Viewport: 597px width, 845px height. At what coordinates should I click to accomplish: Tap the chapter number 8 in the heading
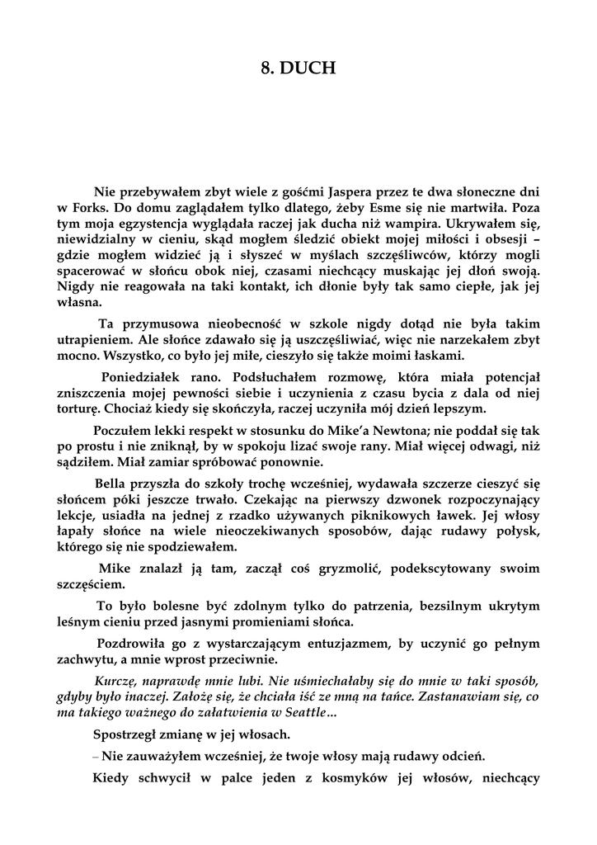coord(266,69)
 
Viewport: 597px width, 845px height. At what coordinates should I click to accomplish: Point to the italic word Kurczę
coord(116,681)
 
